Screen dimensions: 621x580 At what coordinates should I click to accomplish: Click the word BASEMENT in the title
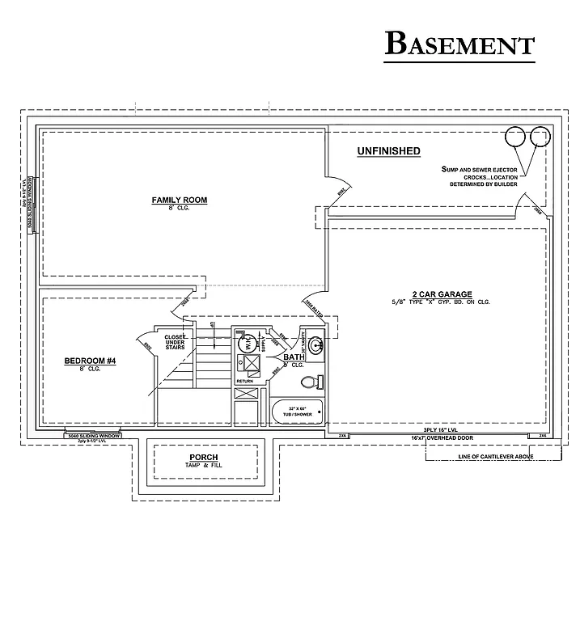click(459, 44)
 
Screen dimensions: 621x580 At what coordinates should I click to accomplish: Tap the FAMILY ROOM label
click(180, 200)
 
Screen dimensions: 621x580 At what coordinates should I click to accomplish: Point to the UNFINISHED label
click(388, 151)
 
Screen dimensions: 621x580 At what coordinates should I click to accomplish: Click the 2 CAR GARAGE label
click(441, 294)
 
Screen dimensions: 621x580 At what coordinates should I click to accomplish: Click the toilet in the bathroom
click(311, 382)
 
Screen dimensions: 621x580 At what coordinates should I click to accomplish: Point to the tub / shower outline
click(297, 412)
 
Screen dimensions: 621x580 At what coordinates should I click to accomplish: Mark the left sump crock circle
click(514, 137)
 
